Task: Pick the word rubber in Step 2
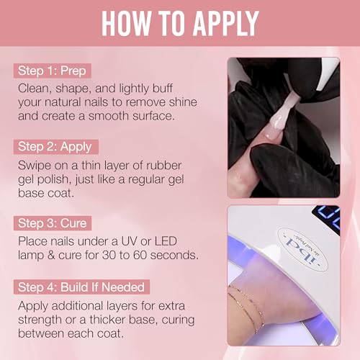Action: tap(191, 164)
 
